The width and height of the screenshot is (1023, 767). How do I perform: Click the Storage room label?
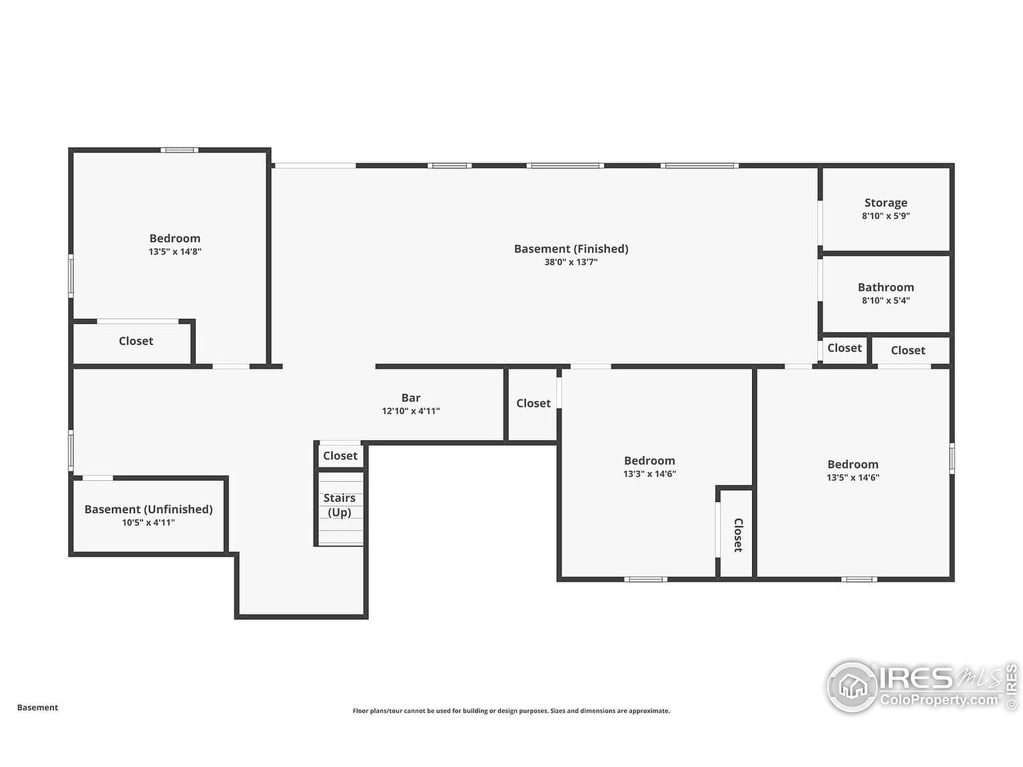pyautogui.click(x=886, y=203)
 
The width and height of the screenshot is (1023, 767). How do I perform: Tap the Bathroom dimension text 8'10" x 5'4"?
pyautogui.click(x=886, y=300)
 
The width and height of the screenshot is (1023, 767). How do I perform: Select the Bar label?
pyautogui.click(x=410, y=397)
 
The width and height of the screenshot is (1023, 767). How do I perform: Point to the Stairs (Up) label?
pyautogui.click(x=339, y=505)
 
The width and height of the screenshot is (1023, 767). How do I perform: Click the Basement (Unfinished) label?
pyautogui.click(x=149, y=509)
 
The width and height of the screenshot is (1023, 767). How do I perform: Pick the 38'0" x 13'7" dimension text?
pyautogui.click(x=571, y=262)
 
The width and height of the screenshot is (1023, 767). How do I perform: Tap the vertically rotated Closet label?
pyautogui.click(x=738, y=535)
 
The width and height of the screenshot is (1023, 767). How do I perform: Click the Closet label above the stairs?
pyautogui.click(x=340, y=455)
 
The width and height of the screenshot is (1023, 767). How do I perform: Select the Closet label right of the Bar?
pyautogui.click(x=533, y=403)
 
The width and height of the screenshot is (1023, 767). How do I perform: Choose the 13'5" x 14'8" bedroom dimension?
pyautogui.click(x=174, y=252)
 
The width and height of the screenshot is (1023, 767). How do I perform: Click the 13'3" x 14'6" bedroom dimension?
pyautogui.click(x=649, y=473)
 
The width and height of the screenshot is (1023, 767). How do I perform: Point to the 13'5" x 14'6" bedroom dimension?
pyautogui.click(x=853, y=477)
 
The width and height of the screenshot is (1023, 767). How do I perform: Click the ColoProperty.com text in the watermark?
pyautogui.click(x=940, y=700)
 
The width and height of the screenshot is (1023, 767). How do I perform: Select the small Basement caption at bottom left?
pyautogui.click(x=37, y=707)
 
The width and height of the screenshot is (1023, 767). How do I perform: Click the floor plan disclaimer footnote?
pyautogui.click(x=511, y=710)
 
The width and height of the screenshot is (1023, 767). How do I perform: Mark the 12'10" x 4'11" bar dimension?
pyautogui.click(x=410, y=411)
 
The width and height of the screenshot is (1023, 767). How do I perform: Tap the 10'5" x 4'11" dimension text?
pyautogui.click(x=149, y=523)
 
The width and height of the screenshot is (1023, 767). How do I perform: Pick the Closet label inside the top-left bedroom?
pyautogui.click(x=136, y=341)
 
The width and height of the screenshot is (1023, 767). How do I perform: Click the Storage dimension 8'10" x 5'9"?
pyautogui.click(x=886, y=216)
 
